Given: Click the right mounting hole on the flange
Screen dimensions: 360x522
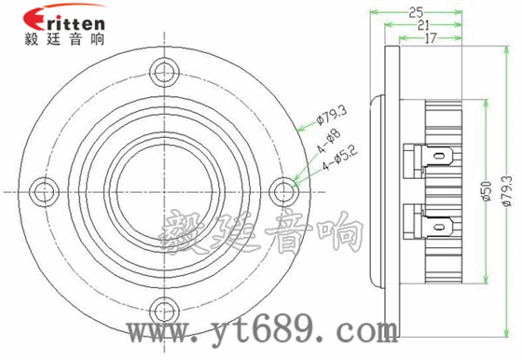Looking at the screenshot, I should coord(285,189).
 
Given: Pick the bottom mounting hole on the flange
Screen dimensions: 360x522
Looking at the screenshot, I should coord(165,309).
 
